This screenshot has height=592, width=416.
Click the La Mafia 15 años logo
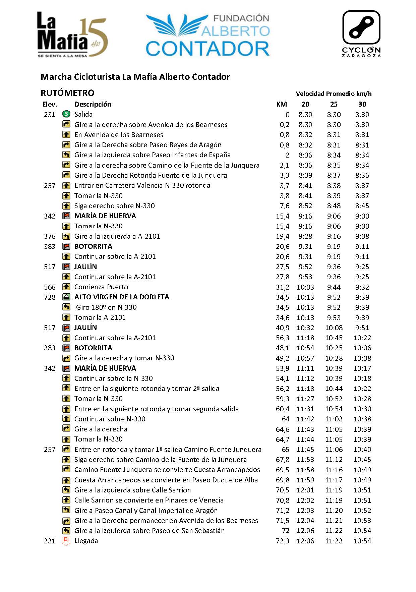pos(72,35)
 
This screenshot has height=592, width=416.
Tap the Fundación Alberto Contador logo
pos(208,35)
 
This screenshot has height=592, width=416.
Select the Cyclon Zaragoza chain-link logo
pos(361,34)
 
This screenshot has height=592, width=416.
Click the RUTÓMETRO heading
pos(67,93)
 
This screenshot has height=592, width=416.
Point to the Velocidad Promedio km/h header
pos(334,94)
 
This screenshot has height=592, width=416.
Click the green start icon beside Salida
pos(66,114)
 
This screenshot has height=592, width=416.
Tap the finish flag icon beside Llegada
pos(66,541)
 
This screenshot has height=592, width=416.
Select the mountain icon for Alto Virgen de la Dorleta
pos(66,297)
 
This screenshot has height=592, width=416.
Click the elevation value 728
pos(50,297)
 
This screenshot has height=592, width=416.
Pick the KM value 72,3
pos(282,541)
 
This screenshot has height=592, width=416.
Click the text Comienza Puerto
pos(101,287)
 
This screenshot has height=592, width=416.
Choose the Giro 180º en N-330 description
pos(106,307)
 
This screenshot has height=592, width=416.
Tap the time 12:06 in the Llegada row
pos(305,541)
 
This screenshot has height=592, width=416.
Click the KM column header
pos(282,104)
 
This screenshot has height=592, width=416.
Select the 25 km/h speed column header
pos(334,104)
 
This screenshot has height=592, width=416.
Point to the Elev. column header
pos(50,104)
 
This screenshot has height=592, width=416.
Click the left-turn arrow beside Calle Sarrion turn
pos(66,490)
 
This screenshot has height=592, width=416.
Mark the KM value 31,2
pos(282,287)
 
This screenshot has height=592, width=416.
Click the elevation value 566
pos(50,287)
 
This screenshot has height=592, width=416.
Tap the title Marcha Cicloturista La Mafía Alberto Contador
pos(135,77)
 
